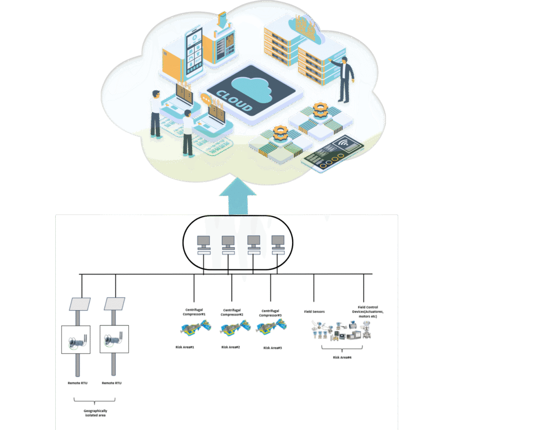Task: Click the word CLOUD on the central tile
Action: tap(234, 101)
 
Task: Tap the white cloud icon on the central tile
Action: tap(250, 89)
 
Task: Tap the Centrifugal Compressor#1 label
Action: tap(195, 312)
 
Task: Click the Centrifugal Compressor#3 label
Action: tap(271, 313)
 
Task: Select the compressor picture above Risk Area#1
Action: tap(194, 327)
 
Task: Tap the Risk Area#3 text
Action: tap(272, 348)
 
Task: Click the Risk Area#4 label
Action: tap(343, 358)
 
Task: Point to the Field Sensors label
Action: tap(314, 312)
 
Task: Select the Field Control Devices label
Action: tap(368, 312)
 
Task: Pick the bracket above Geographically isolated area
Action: tap(94, 400)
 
